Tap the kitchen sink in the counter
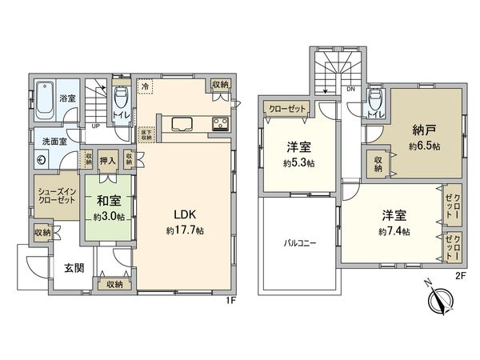click(181, 125)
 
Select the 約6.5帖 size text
click(424, 147)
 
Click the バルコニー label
click(297, 244)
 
